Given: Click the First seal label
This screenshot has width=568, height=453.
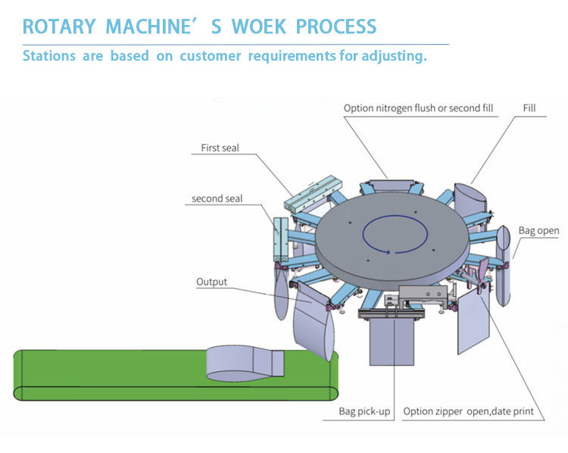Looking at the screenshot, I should [x=220, y=148].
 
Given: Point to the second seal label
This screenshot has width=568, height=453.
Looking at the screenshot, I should [x=217, y=198].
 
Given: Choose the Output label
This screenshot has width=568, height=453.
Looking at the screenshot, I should [x=211, y=283].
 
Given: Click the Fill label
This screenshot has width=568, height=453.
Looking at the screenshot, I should [x=529, y=108].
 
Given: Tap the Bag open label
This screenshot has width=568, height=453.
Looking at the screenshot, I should [x=538, y=230].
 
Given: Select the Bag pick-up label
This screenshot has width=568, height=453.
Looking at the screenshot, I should [x=365, y=411].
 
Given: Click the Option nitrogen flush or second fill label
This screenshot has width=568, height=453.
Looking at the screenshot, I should [x=418, y=108].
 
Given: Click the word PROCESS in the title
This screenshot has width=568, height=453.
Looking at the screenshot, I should [x=335, y=27].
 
